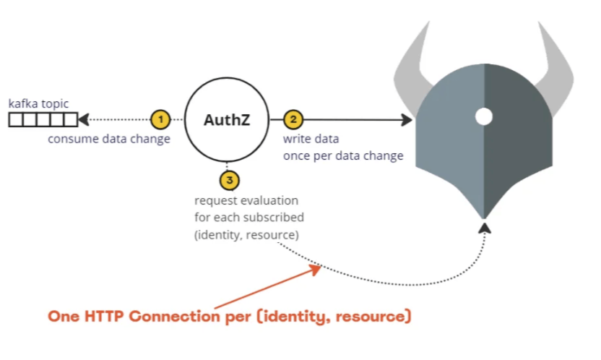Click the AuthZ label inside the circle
[x=227, y=120]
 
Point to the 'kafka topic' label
[x=39, y=105]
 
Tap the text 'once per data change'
[x=343, y=155]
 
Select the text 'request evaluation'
[x=246, y=200]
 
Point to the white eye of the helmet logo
[x=483, y=116]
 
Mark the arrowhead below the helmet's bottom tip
[x=485, y=228]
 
